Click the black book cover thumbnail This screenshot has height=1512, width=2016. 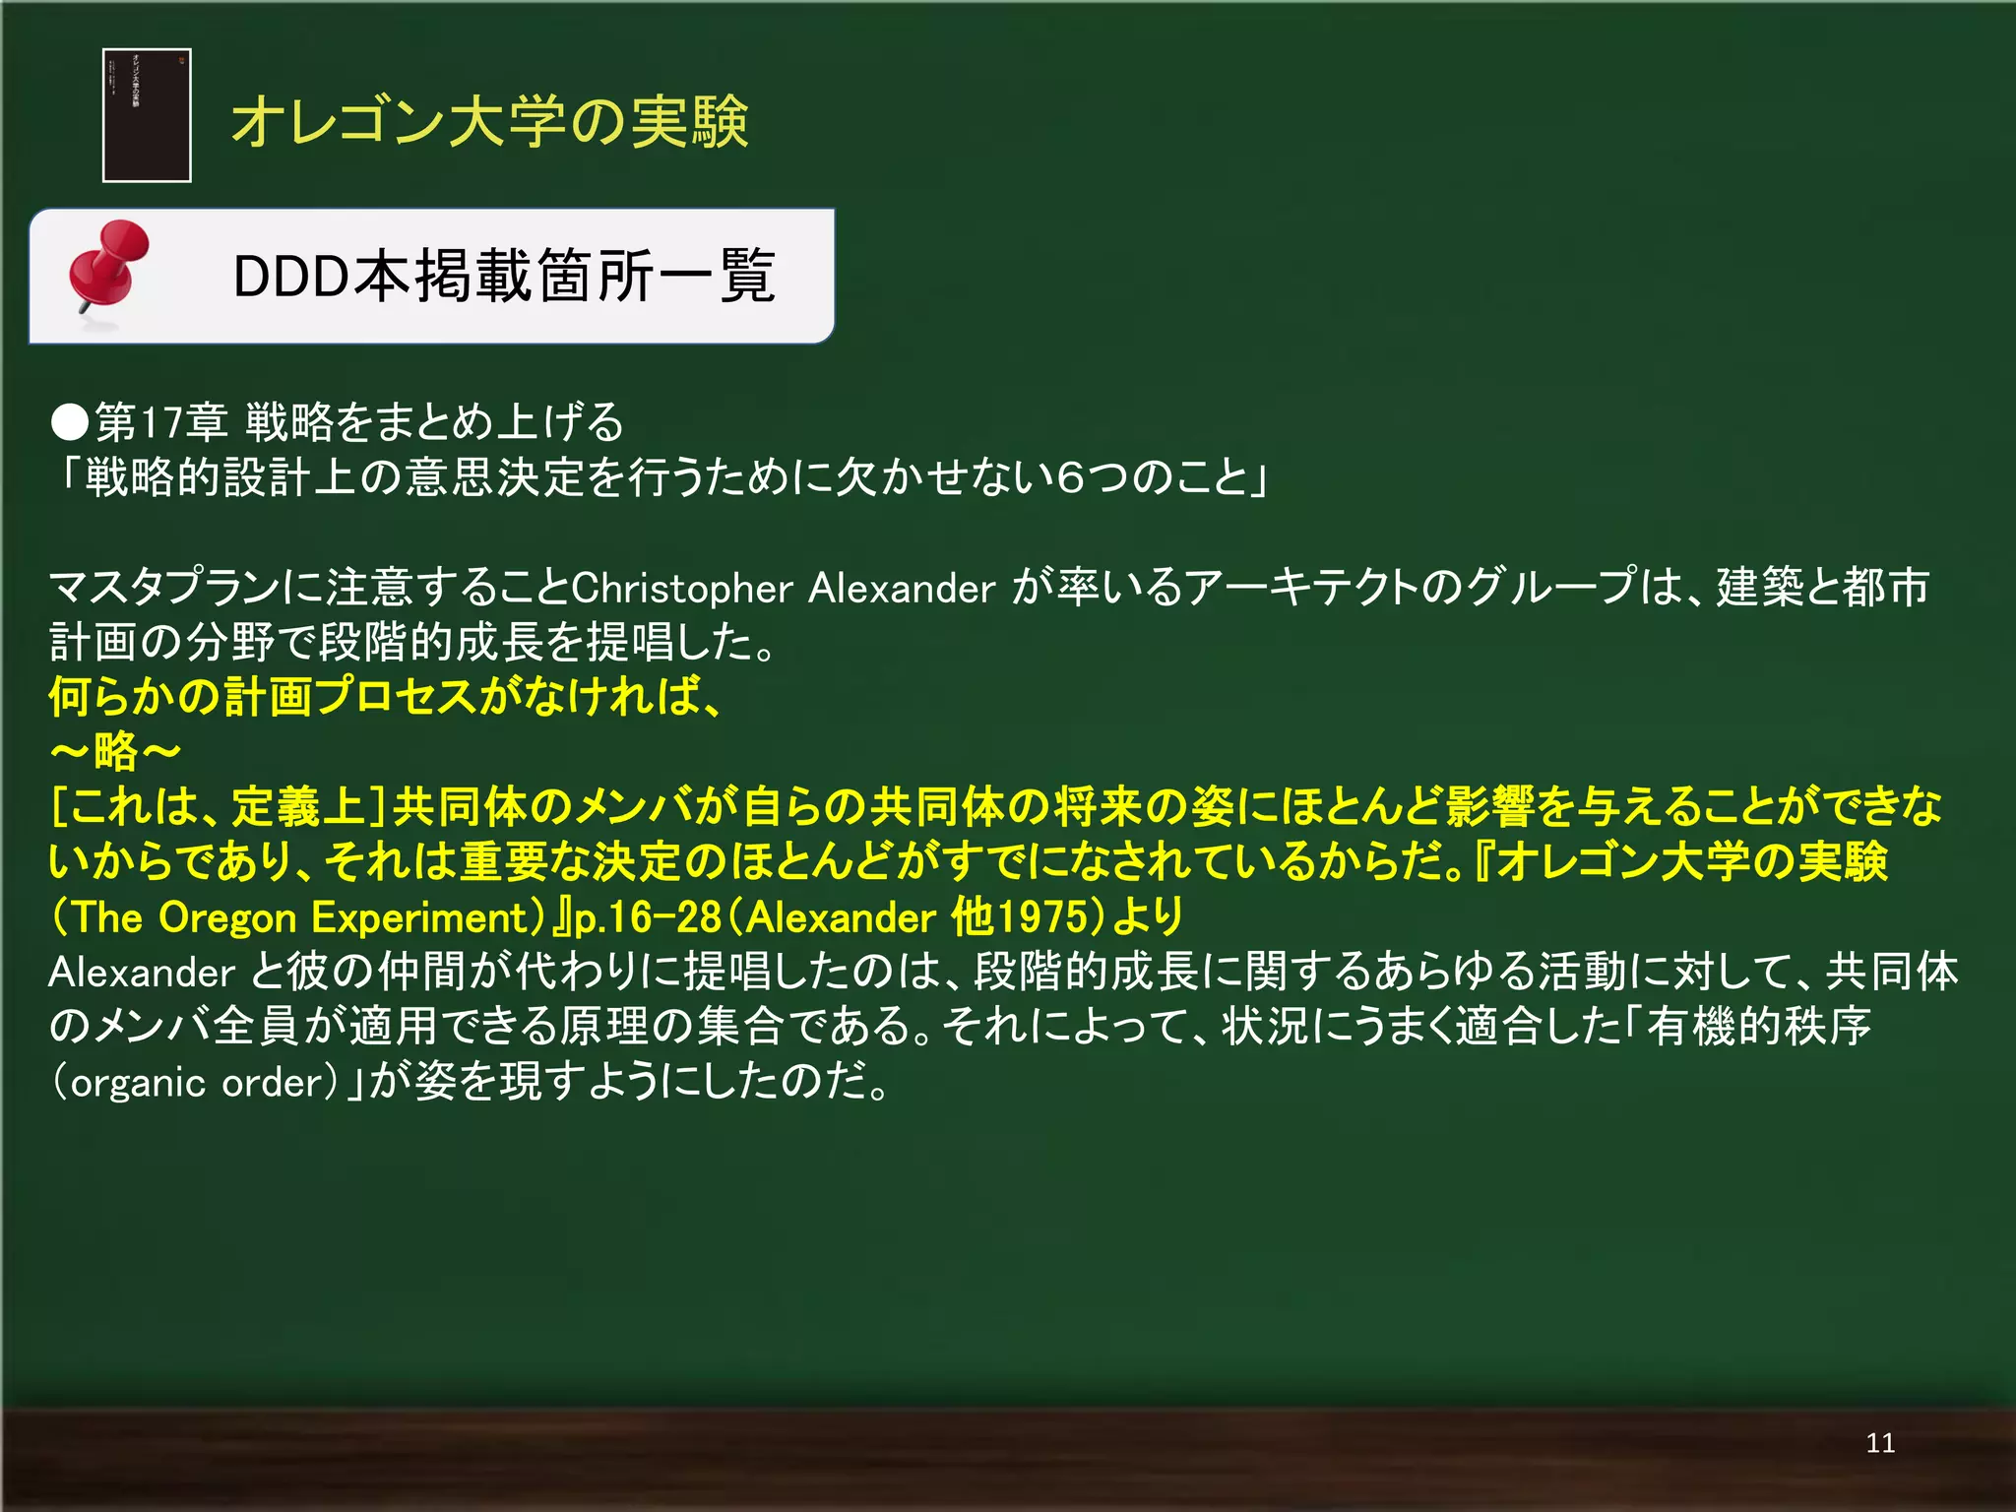click(147, 115)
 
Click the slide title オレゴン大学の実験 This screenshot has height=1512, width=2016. click(489, 122)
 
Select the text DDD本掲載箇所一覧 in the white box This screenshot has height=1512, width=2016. click(504, 276)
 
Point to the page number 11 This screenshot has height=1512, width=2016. click(1879, 1443)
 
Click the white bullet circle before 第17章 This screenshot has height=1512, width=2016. click(70, 422)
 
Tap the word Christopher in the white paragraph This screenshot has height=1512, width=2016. click(681, 589)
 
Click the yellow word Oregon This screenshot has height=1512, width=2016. click(227, 917)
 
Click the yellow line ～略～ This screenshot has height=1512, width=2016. click(115, 752)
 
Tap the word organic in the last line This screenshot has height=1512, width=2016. click(138, 1083)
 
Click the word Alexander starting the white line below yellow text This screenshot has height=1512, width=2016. click(141, 973)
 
